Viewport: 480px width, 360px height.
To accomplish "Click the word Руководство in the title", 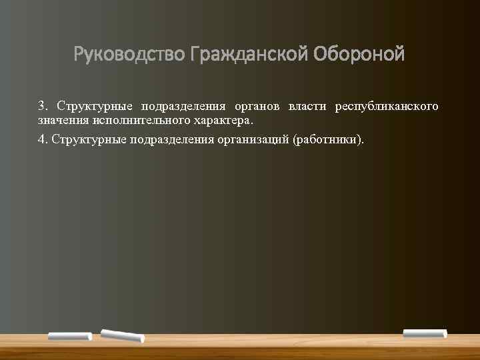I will (129, 53).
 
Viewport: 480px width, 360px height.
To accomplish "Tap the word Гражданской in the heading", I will (246, 53).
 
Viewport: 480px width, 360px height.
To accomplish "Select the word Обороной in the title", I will (357, 53).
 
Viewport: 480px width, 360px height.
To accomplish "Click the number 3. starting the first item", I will (43, 107).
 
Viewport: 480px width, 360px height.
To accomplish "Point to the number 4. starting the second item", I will (43, 139).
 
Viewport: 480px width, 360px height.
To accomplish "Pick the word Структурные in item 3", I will (95, 107).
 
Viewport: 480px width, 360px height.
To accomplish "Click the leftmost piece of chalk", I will (69, 336).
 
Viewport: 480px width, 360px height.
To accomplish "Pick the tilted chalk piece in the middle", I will (122, 336).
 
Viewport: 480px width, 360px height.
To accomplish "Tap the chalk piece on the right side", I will (425, 333).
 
